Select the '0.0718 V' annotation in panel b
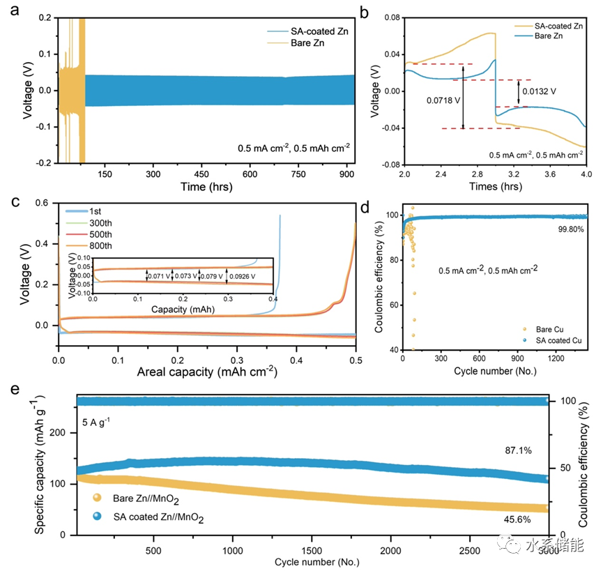443,100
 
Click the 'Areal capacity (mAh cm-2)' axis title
207,372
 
